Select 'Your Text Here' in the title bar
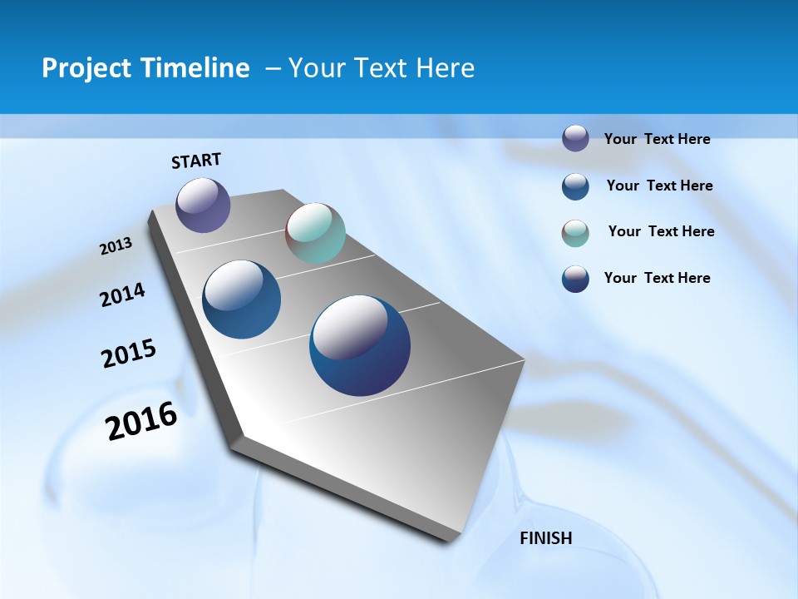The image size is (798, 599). tap(382, 68)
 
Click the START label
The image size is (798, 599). tap(196, 161)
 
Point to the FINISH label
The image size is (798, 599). tap(545, 538)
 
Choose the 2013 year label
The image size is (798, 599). tap(116, 246)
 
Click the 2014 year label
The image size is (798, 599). tap(122, 295)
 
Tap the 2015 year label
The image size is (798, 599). tap(129, 354)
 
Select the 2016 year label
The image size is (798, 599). tap(141, 421)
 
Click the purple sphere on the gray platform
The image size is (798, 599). tap(203, 205)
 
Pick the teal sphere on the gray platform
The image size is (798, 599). tap(315, 233)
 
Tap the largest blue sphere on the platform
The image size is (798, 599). tap(360, 345)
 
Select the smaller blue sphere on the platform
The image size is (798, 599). tap(242, 299)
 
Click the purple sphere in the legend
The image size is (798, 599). tap(575, 138)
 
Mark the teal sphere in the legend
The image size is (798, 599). tap(575, 233)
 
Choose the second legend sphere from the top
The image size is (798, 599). tap(575, 186)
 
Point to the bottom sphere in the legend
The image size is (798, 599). tap(575, 279)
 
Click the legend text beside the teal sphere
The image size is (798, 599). tap(661, 231)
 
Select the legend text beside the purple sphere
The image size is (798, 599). tap(657, 139)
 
